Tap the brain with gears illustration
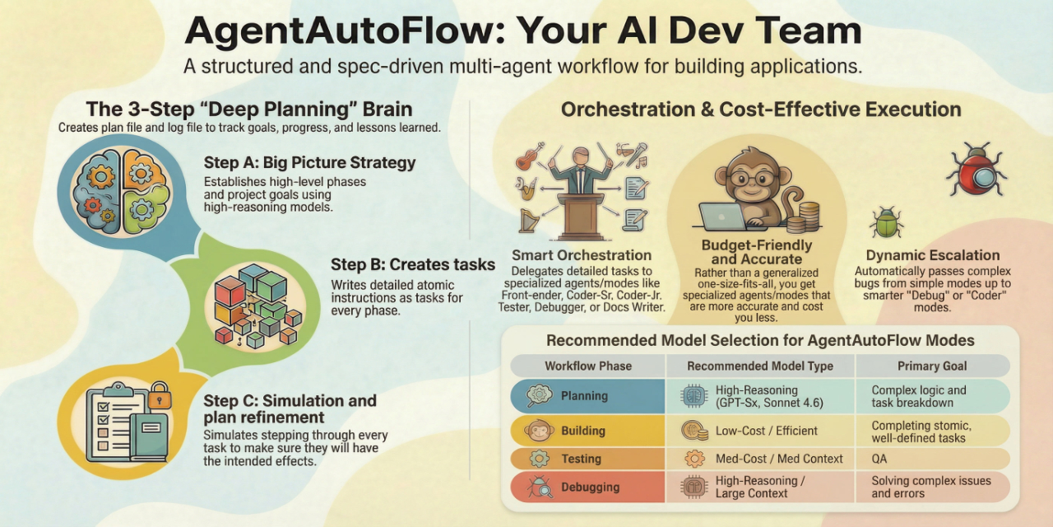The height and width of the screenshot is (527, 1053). [x=122, y=189]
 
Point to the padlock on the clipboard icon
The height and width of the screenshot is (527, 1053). [x=159, y=399]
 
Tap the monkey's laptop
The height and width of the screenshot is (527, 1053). [x=721, y=215]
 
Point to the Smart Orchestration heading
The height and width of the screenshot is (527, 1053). [x=581, y=255]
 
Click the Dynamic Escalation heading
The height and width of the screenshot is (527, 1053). [x=933, y=255]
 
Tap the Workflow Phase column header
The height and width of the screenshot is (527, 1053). [x=587, y=366]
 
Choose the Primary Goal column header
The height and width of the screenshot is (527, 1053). [x=932, y=366]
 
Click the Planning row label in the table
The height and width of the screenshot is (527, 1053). [x=584, y=396]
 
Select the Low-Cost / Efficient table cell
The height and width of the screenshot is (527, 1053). [x=766, y=430]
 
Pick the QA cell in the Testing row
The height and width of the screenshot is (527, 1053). [x=880, y=459]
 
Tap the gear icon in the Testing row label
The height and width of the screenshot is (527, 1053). [x=539, y=459]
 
